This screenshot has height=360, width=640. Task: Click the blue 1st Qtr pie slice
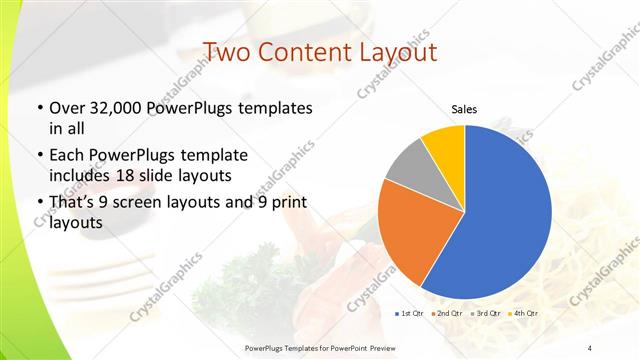(500, 215)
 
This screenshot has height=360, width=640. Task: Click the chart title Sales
(464, 108)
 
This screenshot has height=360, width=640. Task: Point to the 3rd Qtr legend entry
(484, 314)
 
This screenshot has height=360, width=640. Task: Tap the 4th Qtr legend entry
(523, 314)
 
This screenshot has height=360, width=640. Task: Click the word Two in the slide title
(227, 52)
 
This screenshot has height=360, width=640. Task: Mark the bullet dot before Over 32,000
(39, 108)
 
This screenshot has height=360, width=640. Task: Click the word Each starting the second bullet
(69, 155)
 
